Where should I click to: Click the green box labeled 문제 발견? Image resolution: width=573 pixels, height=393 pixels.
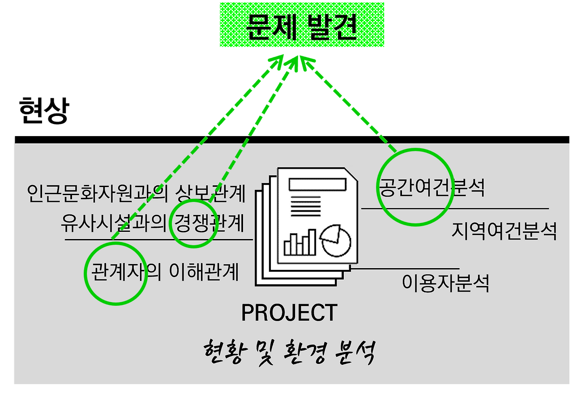coord(302,25)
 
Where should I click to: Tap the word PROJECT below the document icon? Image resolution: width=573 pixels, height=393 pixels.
coord(289,313)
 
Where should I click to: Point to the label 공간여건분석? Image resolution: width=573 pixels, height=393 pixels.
coord(432,188)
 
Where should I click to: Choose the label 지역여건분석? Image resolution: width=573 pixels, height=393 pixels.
coord(504,231)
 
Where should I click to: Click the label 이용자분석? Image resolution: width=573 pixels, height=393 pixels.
coord(445,282)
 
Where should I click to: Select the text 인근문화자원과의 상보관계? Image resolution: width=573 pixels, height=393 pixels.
coord(136,193)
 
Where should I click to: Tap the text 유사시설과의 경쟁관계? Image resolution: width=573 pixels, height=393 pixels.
coord(152,223)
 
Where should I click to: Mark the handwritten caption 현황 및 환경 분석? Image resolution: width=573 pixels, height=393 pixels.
coord(289,353)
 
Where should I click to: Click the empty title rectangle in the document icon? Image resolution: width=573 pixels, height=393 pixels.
coord(317,184)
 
